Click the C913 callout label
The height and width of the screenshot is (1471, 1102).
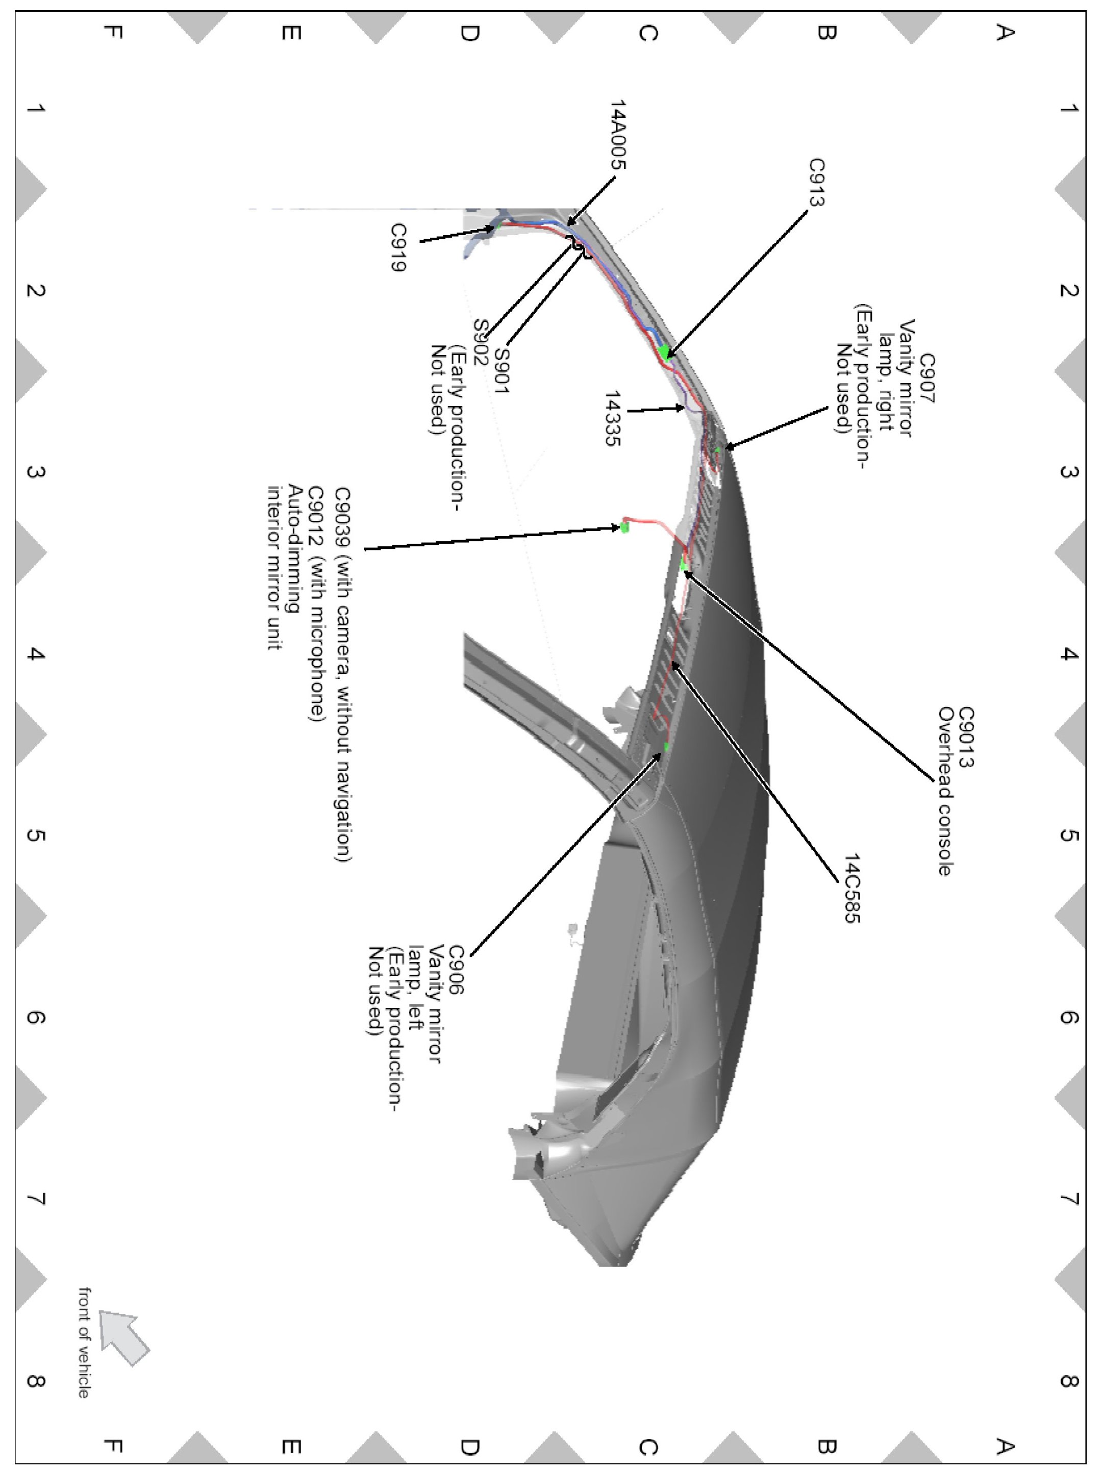817,182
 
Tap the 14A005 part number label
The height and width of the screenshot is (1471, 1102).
618,135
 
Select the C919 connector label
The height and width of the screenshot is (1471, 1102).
398,247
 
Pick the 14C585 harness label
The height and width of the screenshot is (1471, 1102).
852,889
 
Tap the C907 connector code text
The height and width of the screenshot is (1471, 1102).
926,378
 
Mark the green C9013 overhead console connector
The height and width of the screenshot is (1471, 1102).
684,565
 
